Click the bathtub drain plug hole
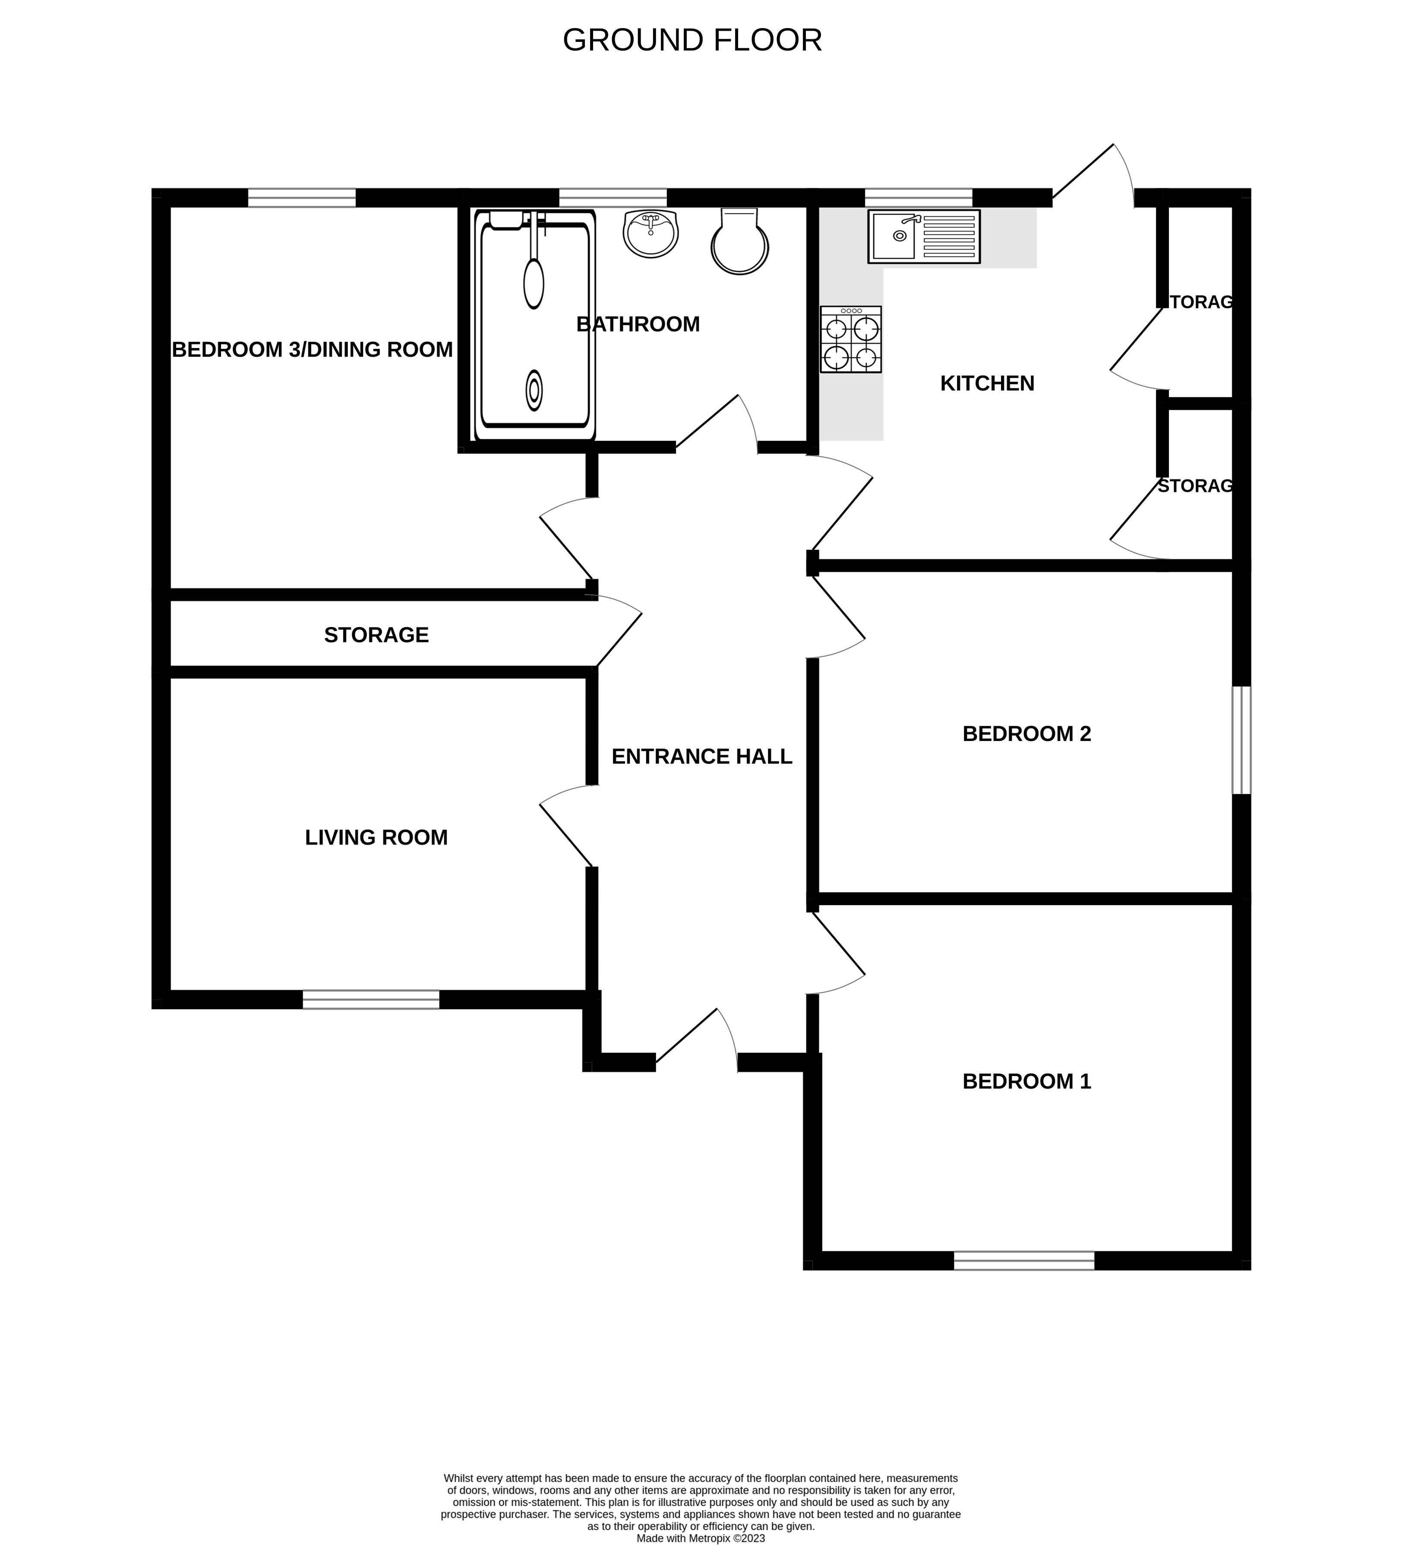[534, 391]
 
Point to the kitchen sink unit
[923, 237]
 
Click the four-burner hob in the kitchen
[850, 339]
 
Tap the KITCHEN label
[987, 383]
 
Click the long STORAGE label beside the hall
[376, 635]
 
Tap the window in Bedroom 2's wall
[1241, 740]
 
